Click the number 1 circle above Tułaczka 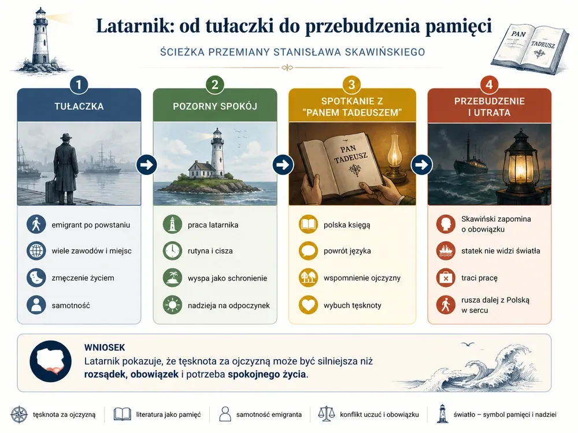tap(79, 85)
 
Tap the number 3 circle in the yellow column tap(351, 85)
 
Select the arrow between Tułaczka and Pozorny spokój tap(147, 165)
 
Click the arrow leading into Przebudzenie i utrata tap(422, 165)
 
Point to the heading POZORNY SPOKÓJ tap(215, 106)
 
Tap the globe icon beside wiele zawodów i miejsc tap(36, 251)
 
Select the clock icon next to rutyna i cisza tap(172, 251)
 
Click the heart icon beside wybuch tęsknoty tap(308, 305)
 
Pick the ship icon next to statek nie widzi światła tap(446, 251)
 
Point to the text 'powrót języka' tap(347, 251)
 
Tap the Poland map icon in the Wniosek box tap(50, 361)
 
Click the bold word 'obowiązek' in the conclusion tap(154, 375)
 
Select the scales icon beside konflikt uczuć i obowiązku tap(326, 414)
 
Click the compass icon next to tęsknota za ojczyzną tap(19, 415)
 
